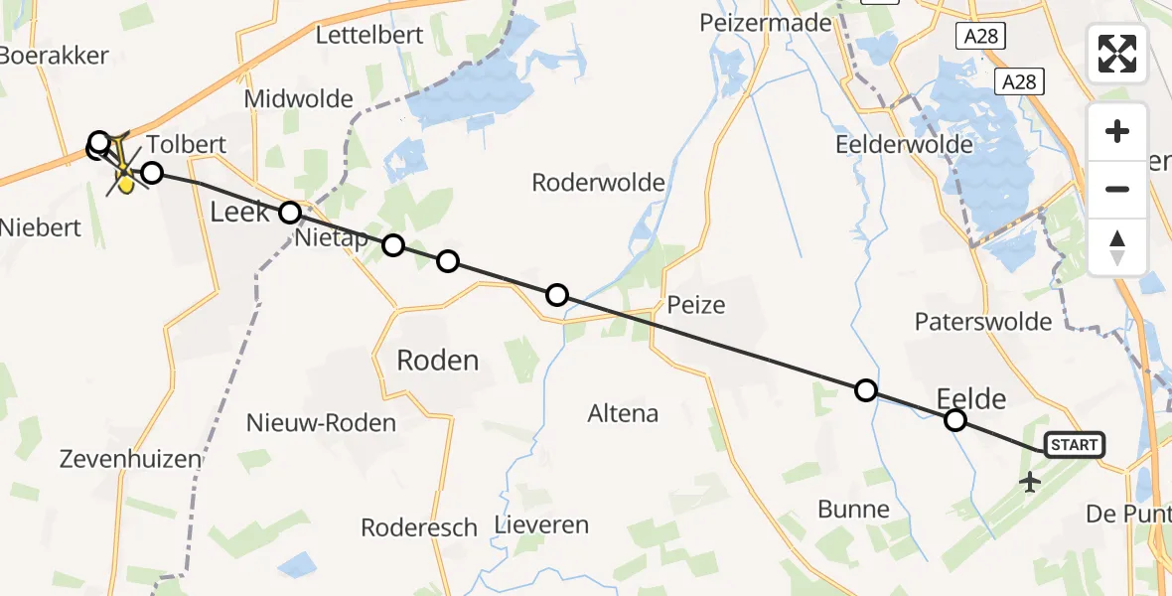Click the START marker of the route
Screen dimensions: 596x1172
(x=1074, y=444)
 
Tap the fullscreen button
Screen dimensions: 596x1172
(x=1117, y=54)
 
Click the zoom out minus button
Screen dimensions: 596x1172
(x=1117, y=189)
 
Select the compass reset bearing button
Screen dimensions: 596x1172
(x=1117, y=247)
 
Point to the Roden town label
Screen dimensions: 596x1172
(x=438, y=360)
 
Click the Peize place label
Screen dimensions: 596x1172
(x=696, y=305)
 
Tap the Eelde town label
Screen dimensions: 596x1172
(x=971, y=399)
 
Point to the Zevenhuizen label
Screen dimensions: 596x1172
(x=130, y=459)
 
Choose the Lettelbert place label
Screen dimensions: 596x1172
(x=368, y=35)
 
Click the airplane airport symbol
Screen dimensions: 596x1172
(x=1029, y=483)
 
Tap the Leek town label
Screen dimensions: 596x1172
(x=239, y=212)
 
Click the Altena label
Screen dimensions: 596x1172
(x=623, y=413)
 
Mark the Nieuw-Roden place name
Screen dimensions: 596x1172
(x=321, y=423)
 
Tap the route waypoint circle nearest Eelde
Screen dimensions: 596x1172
(x=955, y=420)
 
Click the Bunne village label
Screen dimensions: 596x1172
(x=853, y=510)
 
